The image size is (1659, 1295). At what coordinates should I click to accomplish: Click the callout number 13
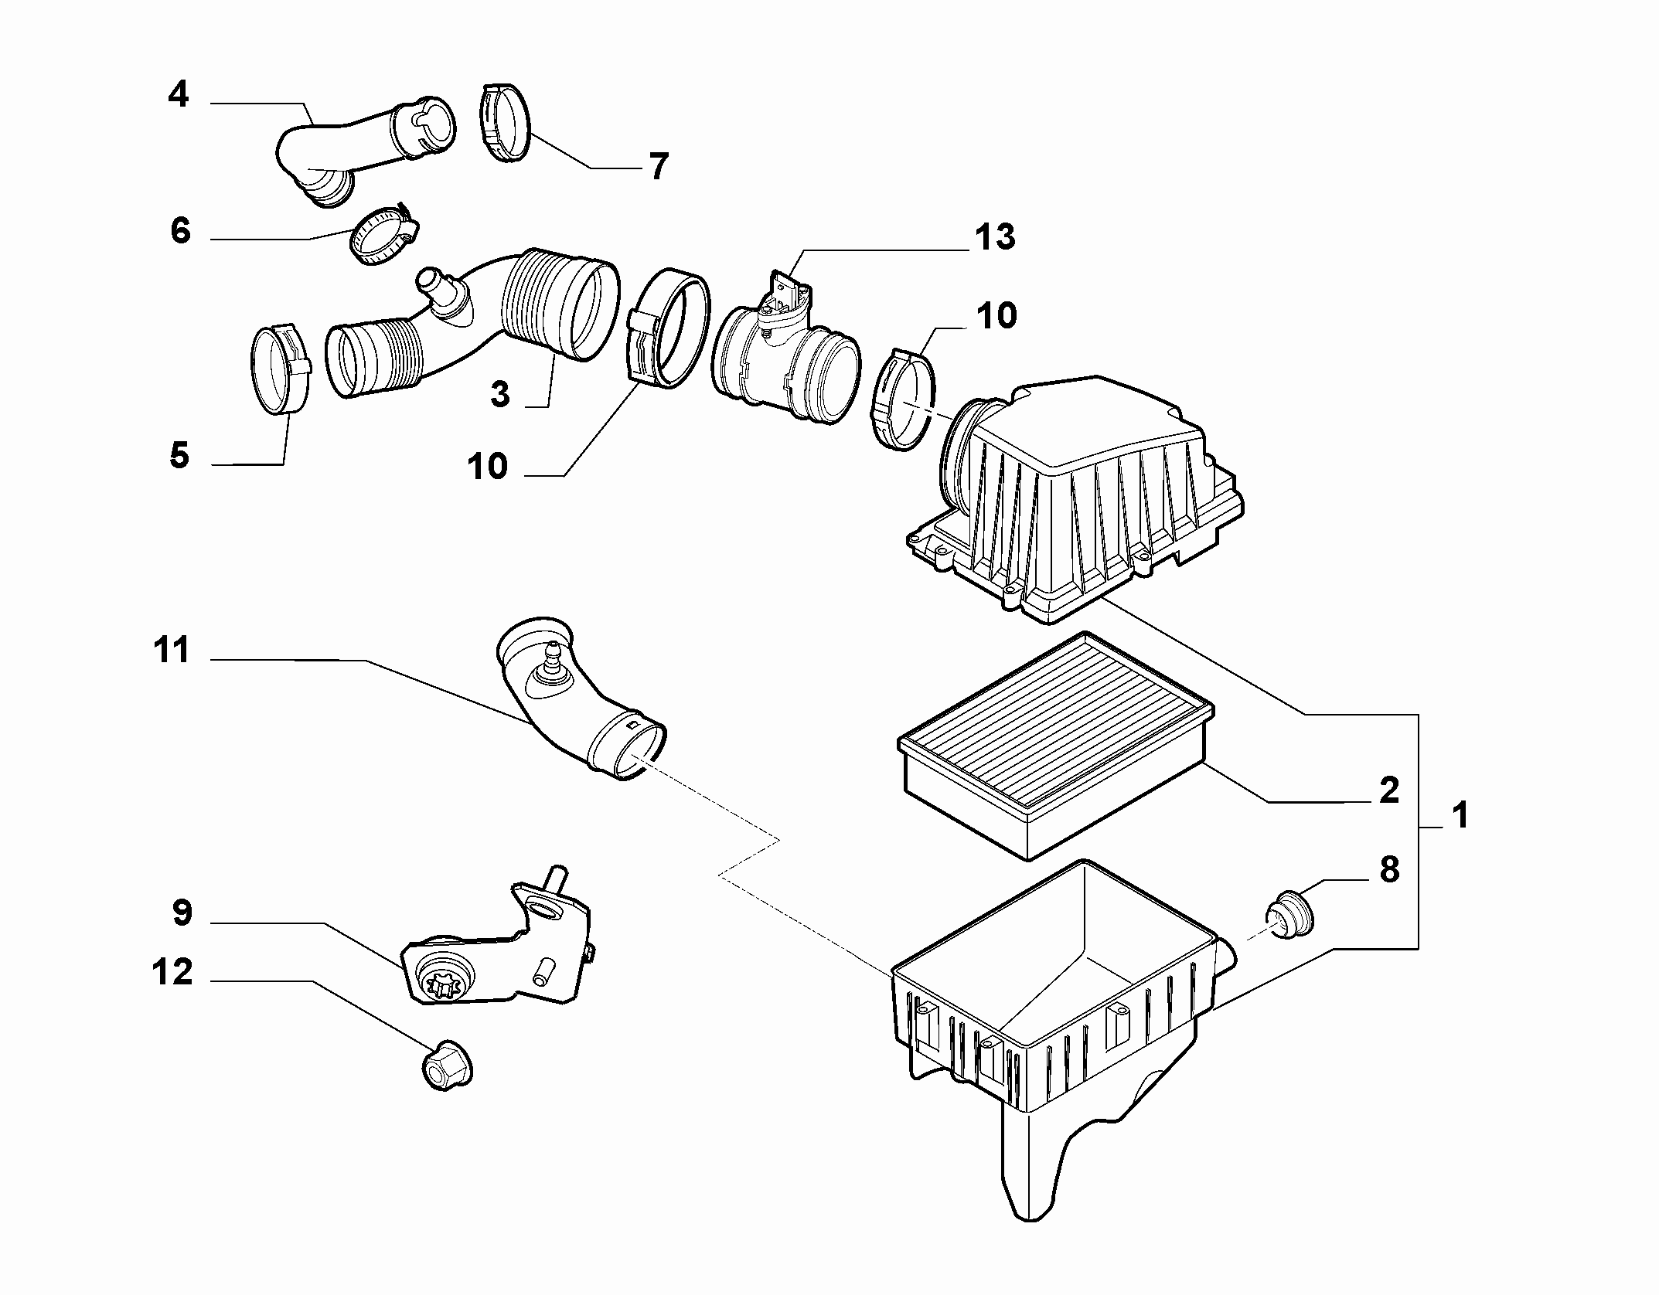tap(994, 238)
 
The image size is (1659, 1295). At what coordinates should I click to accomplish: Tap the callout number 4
tap(179, 95)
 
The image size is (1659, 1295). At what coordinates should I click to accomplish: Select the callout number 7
tap(658, 167)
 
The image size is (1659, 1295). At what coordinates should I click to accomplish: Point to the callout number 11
tap(172, 651)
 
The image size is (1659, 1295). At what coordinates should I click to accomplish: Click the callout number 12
tap(172, 973)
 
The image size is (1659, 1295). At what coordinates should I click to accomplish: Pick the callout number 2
tap(1389, 790)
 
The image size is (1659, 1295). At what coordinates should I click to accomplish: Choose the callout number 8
tap(1389, 871)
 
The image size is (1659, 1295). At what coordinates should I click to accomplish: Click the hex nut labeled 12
tap(448, 1066)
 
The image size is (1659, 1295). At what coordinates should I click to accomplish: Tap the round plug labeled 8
tap(1287, 915)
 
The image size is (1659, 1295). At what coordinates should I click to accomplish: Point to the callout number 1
tap(1459, 816)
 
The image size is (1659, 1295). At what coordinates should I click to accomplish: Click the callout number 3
tap(500, 395)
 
